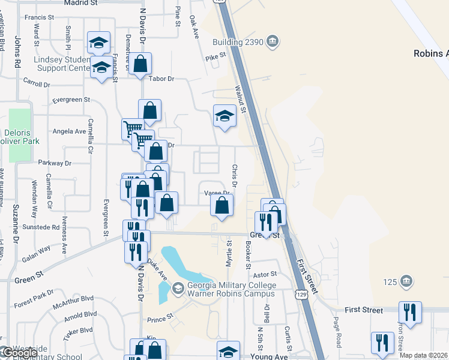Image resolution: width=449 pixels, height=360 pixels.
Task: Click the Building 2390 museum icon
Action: pyautogui.click(x=273, y=41)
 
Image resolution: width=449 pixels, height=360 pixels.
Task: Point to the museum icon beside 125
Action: pyautogui.click(x=407, y=281)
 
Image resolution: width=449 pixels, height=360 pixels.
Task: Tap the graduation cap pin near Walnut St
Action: pyautogui.click(x=224, y=116)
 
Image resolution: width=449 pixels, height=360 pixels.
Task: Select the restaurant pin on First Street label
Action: pyautogui.click(x=410, y=312)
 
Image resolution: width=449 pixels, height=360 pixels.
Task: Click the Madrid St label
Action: pyautogui.click(x=80, y=3)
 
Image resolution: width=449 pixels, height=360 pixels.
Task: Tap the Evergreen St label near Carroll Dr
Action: pyautogui.click(x=71, y=100)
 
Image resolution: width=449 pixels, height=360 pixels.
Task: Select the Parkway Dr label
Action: pyautogui.click(x=55, y=163)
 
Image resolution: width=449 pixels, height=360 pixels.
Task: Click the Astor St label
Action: pyautogui.click(x=264, y=273)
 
